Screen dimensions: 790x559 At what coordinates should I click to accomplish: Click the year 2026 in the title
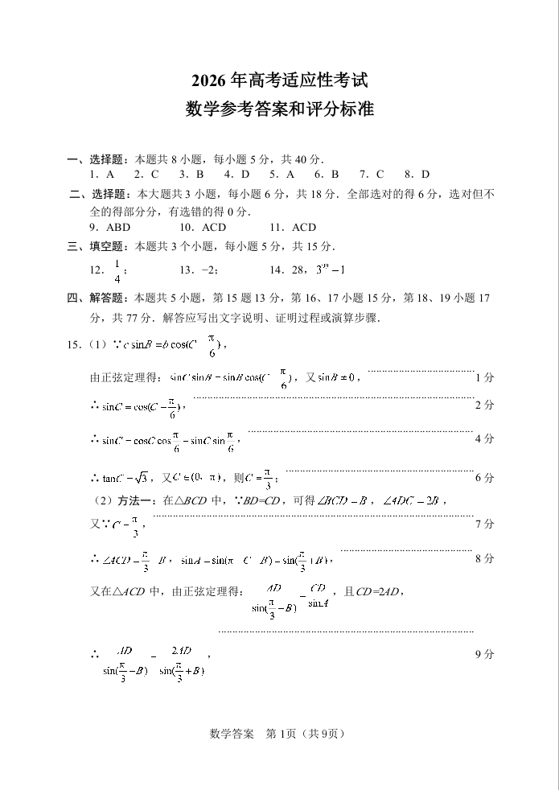209,81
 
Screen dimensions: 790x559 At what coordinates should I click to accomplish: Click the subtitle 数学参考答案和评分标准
280,109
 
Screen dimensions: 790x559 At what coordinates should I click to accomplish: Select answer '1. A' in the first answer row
101,174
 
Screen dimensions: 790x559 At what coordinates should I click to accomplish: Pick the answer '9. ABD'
110,227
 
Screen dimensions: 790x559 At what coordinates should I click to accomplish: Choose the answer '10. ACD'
203,227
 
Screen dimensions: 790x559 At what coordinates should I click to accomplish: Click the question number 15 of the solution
73,346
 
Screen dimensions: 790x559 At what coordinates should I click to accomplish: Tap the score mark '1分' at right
484,377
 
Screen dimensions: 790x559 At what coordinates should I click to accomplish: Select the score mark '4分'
484,439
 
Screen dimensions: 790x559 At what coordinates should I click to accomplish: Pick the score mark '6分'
484,478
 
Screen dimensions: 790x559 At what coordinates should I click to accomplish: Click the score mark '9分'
484,655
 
